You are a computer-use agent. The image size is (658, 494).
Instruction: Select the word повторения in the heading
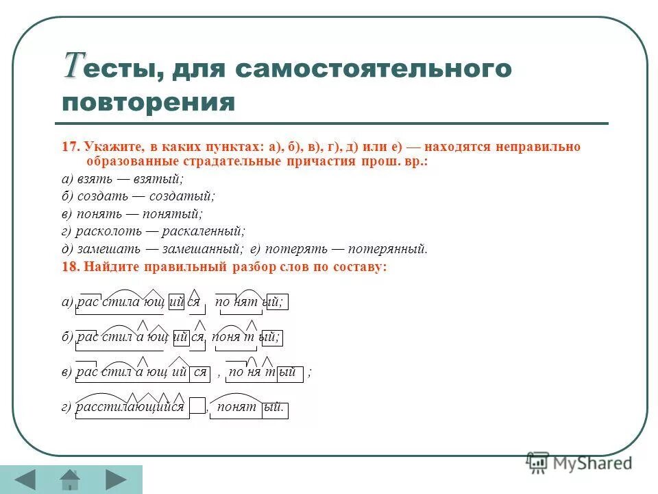click(148, 103)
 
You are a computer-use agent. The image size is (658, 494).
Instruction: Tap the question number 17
click(69, 147)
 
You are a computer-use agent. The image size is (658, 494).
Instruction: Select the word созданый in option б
click(185, 196)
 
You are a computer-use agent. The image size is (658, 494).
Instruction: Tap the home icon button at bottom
click(70, 479)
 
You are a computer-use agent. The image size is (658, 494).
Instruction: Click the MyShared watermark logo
click(579, 462)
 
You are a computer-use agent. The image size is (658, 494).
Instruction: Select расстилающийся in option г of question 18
click(130, 408)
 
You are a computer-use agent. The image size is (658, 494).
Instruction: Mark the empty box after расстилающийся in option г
click(197, 408)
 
